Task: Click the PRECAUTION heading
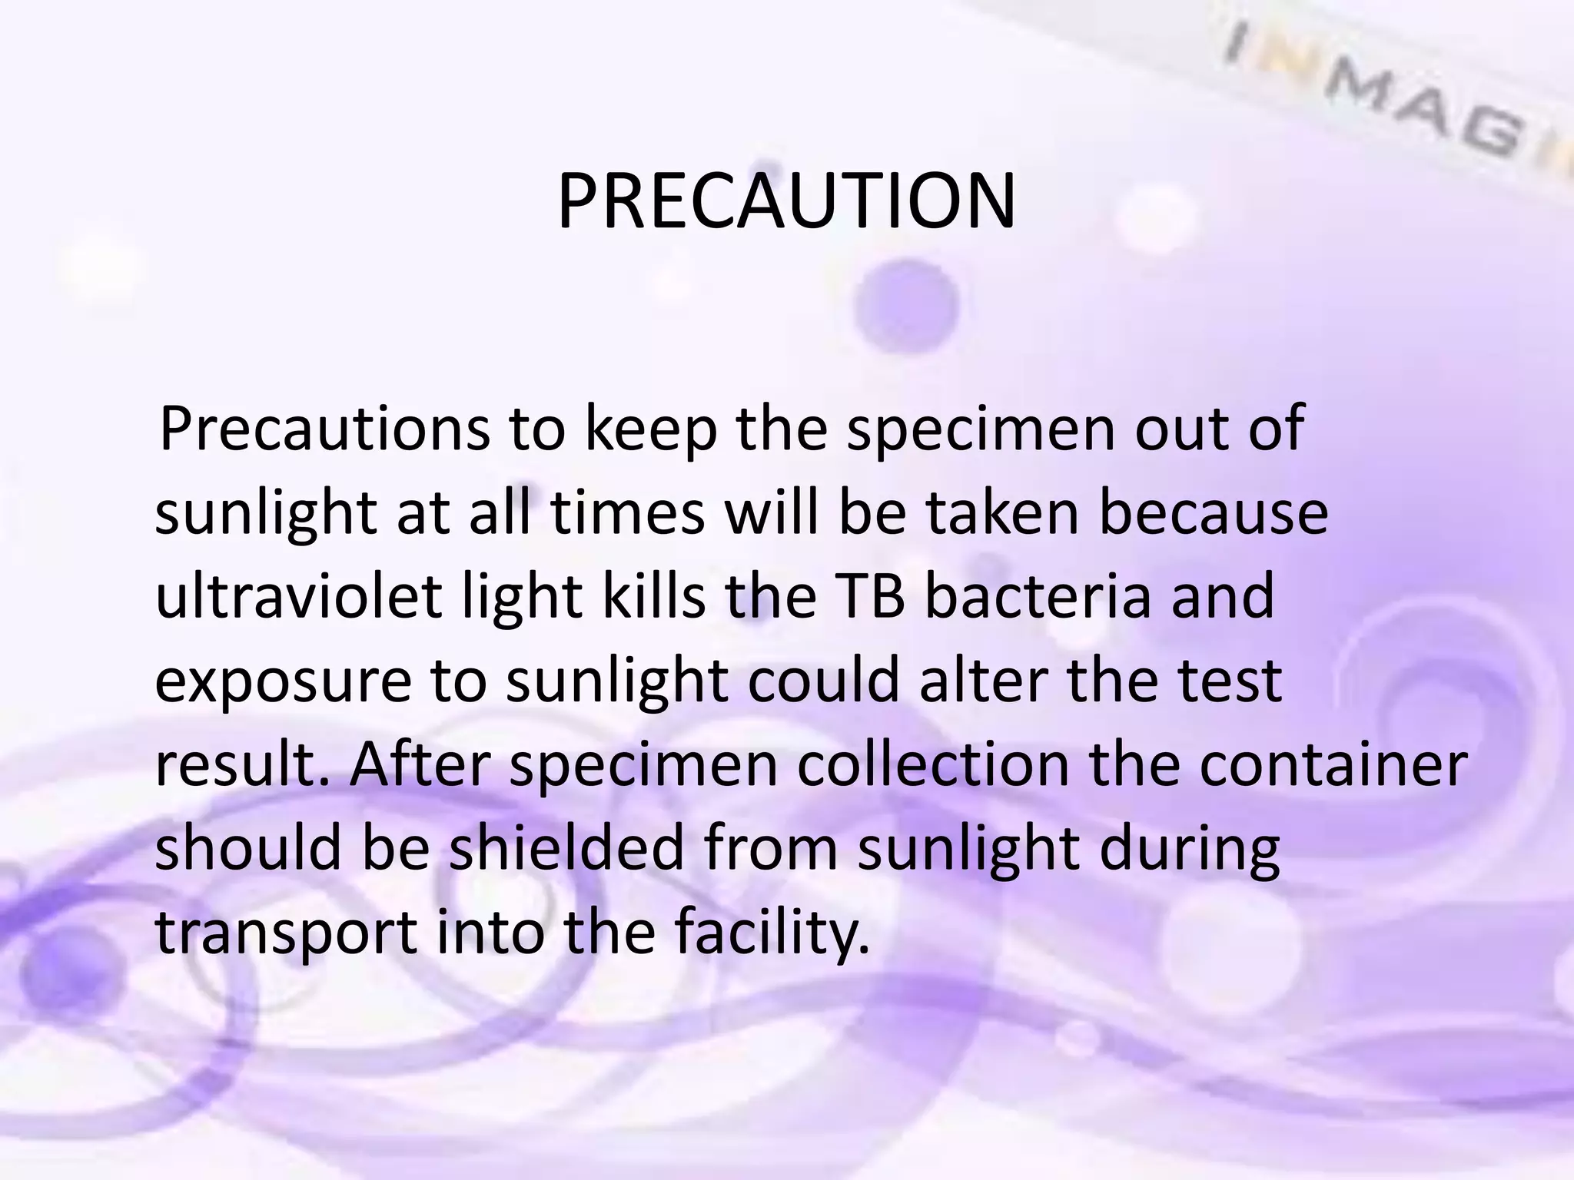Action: (x=786, y=201)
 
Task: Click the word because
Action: (x=1214, y=512)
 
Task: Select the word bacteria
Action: (x=1038, y=597)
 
